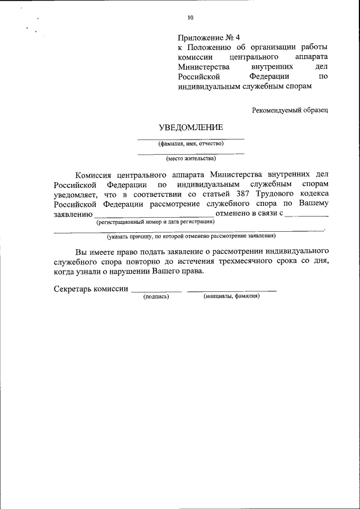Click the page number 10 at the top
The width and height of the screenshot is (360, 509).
[x=190, y=17]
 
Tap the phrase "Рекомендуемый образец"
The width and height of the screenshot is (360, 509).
[x=290, y=110]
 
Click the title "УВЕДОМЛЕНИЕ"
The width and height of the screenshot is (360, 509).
[x=191, y=128]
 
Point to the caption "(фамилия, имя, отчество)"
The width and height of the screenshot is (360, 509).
[x=191, y=143]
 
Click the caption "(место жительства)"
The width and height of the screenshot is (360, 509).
[x=191, y=159]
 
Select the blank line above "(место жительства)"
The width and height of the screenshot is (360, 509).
[x=191, y=154]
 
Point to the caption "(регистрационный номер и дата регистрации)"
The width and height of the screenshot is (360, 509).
[x=155, y=222]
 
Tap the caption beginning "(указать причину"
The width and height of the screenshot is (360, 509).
[x=191, y=236]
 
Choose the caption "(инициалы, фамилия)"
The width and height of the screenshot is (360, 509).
[x=231, y=296]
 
